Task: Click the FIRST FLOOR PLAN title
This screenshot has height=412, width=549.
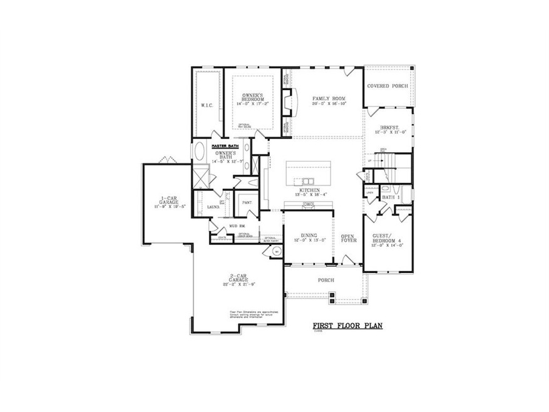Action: pos(347,326)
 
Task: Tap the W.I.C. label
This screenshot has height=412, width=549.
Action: pos(207,106)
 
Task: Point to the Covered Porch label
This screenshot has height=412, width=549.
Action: pos(387,86)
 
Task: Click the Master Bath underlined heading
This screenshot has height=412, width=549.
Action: pos(225,145)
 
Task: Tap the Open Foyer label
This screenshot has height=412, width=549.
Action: pos(348,239)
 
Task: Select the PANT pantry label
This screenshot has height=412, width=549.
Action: pos(247,202)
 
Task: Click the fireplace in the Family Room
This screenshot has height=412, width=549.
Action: pos(287,103)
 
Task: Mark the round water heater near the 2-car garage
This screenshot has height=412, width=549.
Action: pos(276,251)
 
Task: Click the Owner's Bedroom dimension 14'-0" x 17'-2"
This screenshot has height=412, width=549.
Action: pos(254,104)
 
